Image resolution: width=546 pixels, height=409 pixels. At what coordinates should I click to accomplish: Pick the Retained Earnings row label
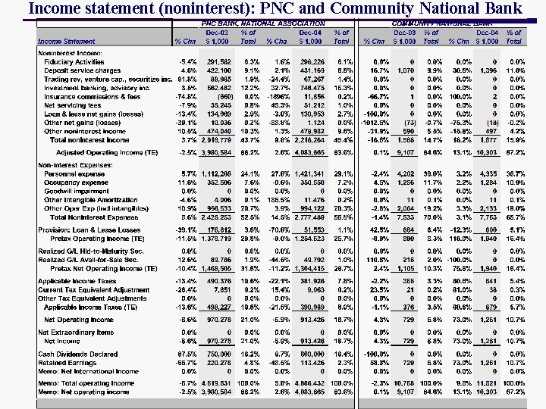[67, 363]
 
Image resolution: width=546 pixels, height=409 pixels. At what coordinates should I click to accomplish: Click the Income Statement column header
[67, 41]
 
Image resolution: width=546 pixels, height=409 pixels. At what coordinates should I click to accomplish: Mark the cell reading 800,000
[312, 354]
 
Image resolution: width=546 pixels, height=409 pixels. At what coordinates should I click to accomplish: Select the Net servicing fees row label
[71, 105]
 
